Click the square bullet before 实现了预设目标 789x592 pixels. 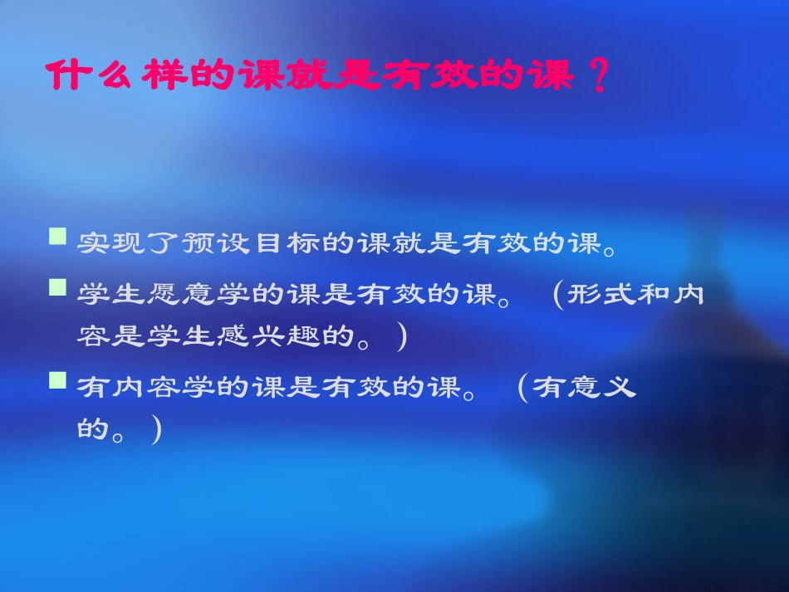57,238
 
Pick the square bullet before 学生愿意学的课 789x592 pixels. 57,288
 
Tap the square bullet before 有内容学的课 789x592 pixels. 57,381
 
